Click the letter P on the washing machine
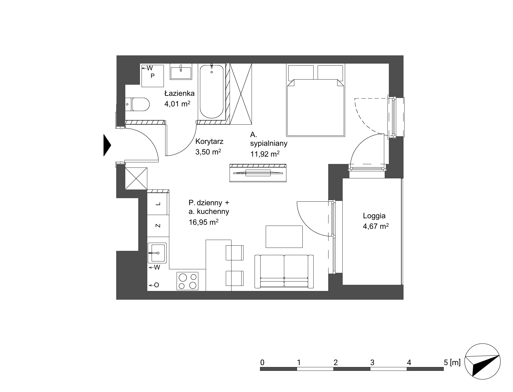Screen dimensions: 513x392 tap(153, 76)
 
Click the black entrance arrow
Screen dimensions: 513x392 tap(107, 145)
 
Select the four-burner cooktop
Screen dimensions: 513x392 tap(187, 281)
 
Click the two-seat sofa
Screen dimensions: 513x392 tap(284, 271)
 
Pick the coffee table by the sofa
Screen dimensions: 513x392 tap(284, 236)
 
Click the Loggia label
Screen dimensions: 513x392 tap(374, 216)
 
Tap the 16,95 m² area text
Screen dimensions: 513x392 tap(204, 222)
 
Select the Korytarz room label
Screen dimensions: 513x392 tap(209, 141)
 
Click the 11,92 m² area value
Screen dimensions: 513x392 tap(265, 154)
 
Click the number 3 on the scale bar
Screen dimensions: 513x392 tap(372, 362)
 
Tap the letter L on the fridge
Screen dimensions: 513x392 tap(158, 204)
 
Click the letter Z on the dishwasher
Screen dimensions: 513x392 tap(158, 226)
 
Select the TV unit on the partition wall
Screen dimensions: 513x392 tap(258, 173)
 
